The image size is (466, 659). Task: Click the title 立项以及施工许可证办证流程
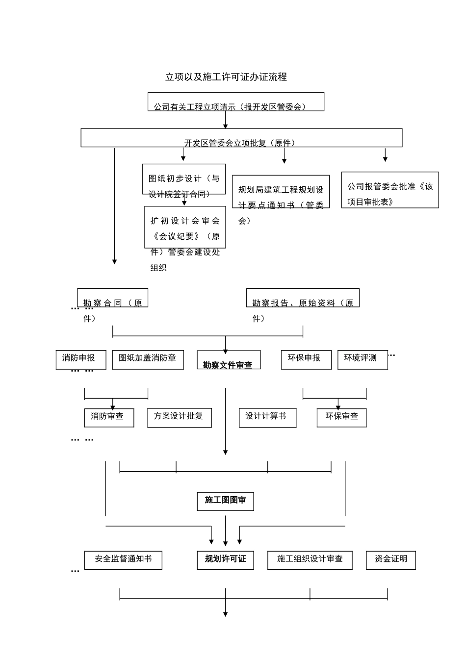226,77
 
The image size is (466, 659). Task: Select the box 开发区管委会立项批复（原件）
241,138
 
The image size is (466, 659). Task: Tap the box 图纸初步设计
184,179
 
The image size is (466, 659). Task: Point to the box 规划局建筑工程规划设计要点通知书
281,192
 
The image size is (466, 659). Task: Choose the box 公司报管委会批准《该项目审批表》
390,190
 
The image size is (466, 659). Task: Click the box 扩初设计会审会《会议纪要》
185,228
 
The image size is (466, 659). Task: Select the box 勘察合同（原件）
112,298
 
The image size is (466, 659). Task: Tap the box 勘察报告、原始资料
303,298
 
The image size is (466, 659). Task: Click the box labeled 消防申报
81,359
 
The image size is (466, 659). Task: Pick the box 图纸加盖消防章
148,359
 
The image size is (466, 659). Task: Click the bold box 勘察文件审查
229,360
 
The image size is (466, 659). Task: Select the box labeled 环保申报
306,359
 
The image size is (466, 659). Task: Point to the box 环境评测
362,359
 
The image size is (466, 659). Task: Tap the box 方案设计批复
179,417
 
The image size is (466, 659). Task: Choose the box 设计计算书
267,417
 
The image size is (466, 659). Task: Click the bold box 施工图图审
225,501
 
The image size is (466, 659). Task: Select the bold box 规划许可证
225,560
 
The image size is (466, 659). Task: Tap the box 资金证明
390,560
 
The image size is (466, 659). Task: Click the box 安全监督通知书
123,560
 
